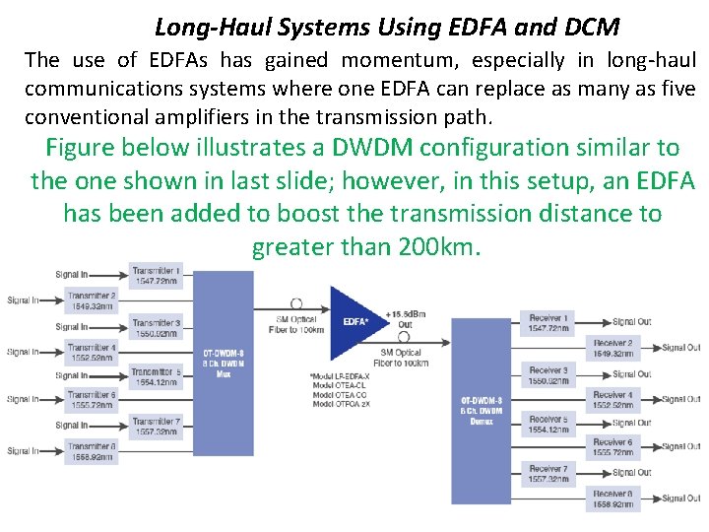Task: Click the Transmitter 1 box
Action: click(156, 276)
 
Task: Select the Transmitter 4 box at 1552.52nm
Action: click(92, 353)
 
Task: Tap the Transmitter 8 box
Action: click(92, 452)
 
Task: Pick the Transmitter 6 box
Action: click(92, 400)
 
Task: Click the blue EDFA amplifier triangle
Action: click(354, 321)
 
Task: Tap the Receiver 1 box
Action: click(548, 323)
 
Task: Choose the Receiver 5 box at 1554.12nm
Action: click(548, 425)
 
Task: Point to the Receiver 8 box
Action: click(612, 499)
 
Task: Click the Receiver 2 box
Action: click(612, 348)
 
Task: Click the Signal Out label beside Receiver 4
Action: click(680, 399)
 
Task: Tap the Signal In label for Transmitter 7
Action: click(72, 425)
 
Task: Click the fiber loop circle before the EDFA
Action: click(296, 304)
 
